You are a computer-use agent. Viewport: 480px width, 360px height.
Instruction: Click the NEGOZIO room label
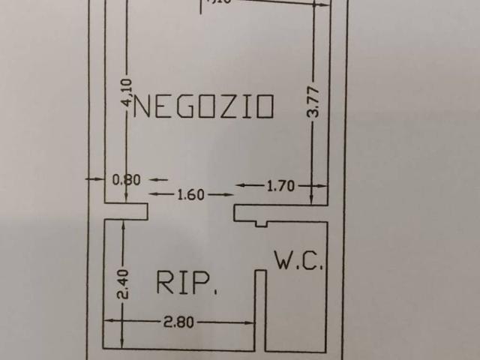202,107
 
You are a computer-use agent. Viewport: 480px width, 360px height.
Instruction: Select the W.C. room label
298,262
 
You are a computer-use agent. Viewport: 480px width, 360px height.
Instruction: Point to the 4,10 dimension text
126,94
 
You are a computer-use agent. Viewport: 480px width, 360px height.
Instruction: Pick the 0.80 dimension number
126,181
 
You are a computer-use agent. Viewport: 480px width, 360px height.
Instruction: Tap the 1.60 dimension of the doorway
190,195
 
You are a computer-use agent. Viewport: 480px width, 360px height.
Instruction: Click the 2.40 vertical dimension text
124,285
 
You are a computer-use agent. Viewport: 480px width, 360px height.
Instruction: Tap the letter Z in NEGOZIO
223,107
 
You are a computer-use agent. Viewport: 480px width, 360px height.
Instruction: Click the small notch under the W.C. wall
260,223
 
